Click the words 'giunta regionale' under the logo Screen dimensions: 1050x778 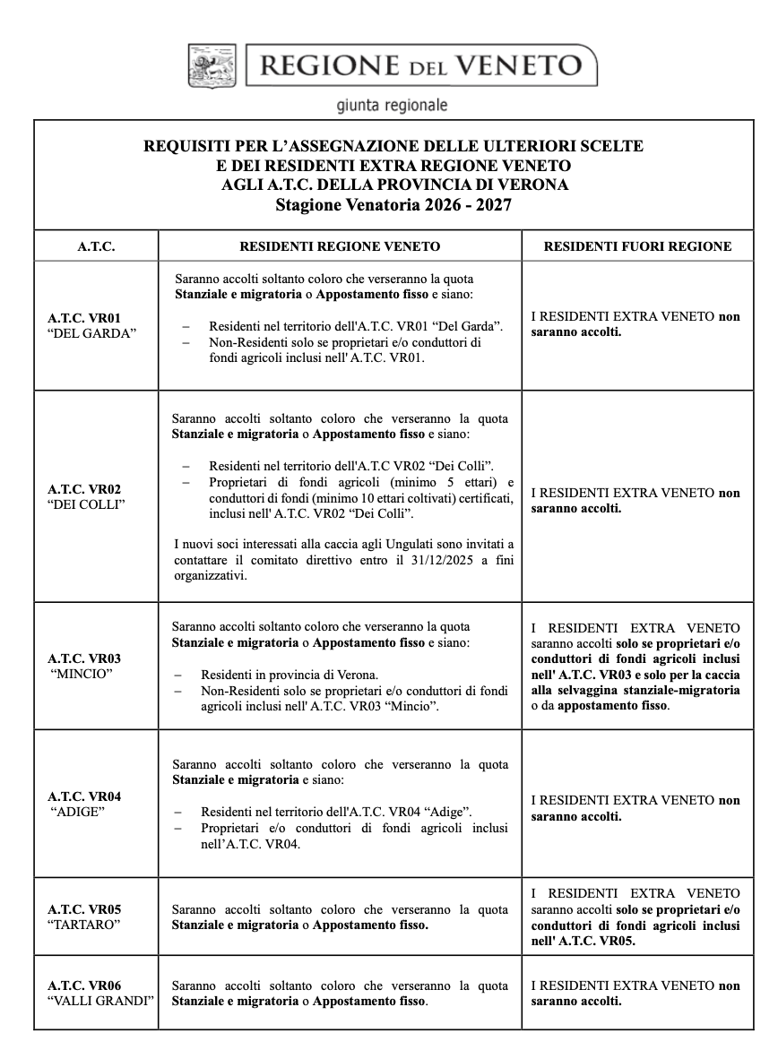[392, 106]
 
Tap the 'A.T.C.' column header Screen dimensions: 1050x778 [96, 245]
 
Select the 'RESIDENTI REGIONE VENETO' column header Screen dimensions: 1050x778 [340, 245]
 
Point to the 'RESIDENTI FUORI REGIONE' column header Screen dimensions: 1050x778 [637, 245]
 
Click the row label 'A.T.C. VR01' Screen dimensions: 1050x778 [84, 318]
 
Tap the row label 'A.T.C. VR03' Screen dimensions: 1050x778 [84, 658]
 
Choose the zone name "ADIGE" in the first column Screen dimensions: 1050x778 [78, 811]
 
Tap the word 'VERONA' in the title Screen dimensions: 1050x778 [529, 185]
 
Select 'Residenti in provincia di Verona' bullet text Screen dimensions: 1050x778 [290, 675]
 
